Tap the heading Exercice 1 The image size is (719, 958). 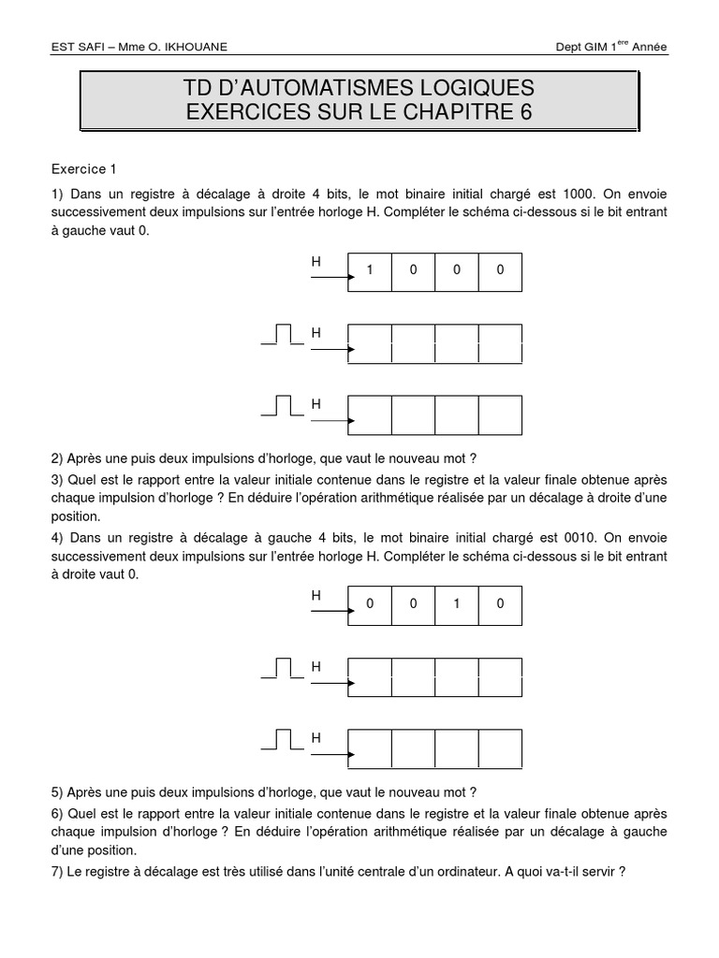coord(84,169)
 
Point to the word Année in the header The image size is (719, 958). coord(648,48)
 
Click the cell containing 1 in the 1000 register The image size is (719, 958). coord(370,270)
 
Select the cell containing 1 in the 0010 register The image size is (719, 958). coord(457,604)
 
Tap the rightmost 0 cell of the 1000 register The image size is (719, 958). coord(500,270)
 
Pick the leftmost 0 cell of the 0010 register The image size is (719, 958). coord(370,604)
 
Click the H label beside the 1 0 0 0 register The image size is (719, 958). coord(316,263)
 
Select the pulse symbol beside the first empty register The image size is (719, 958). coord(283,334)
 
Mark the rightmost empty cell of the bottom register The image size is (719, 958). coord(500,748)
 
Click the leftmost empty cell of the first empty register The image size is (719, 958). coord(370,343)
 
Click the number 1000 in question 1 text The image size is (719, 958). coord(578,194)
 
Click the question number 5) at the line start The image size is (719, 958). coord(57,791)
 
